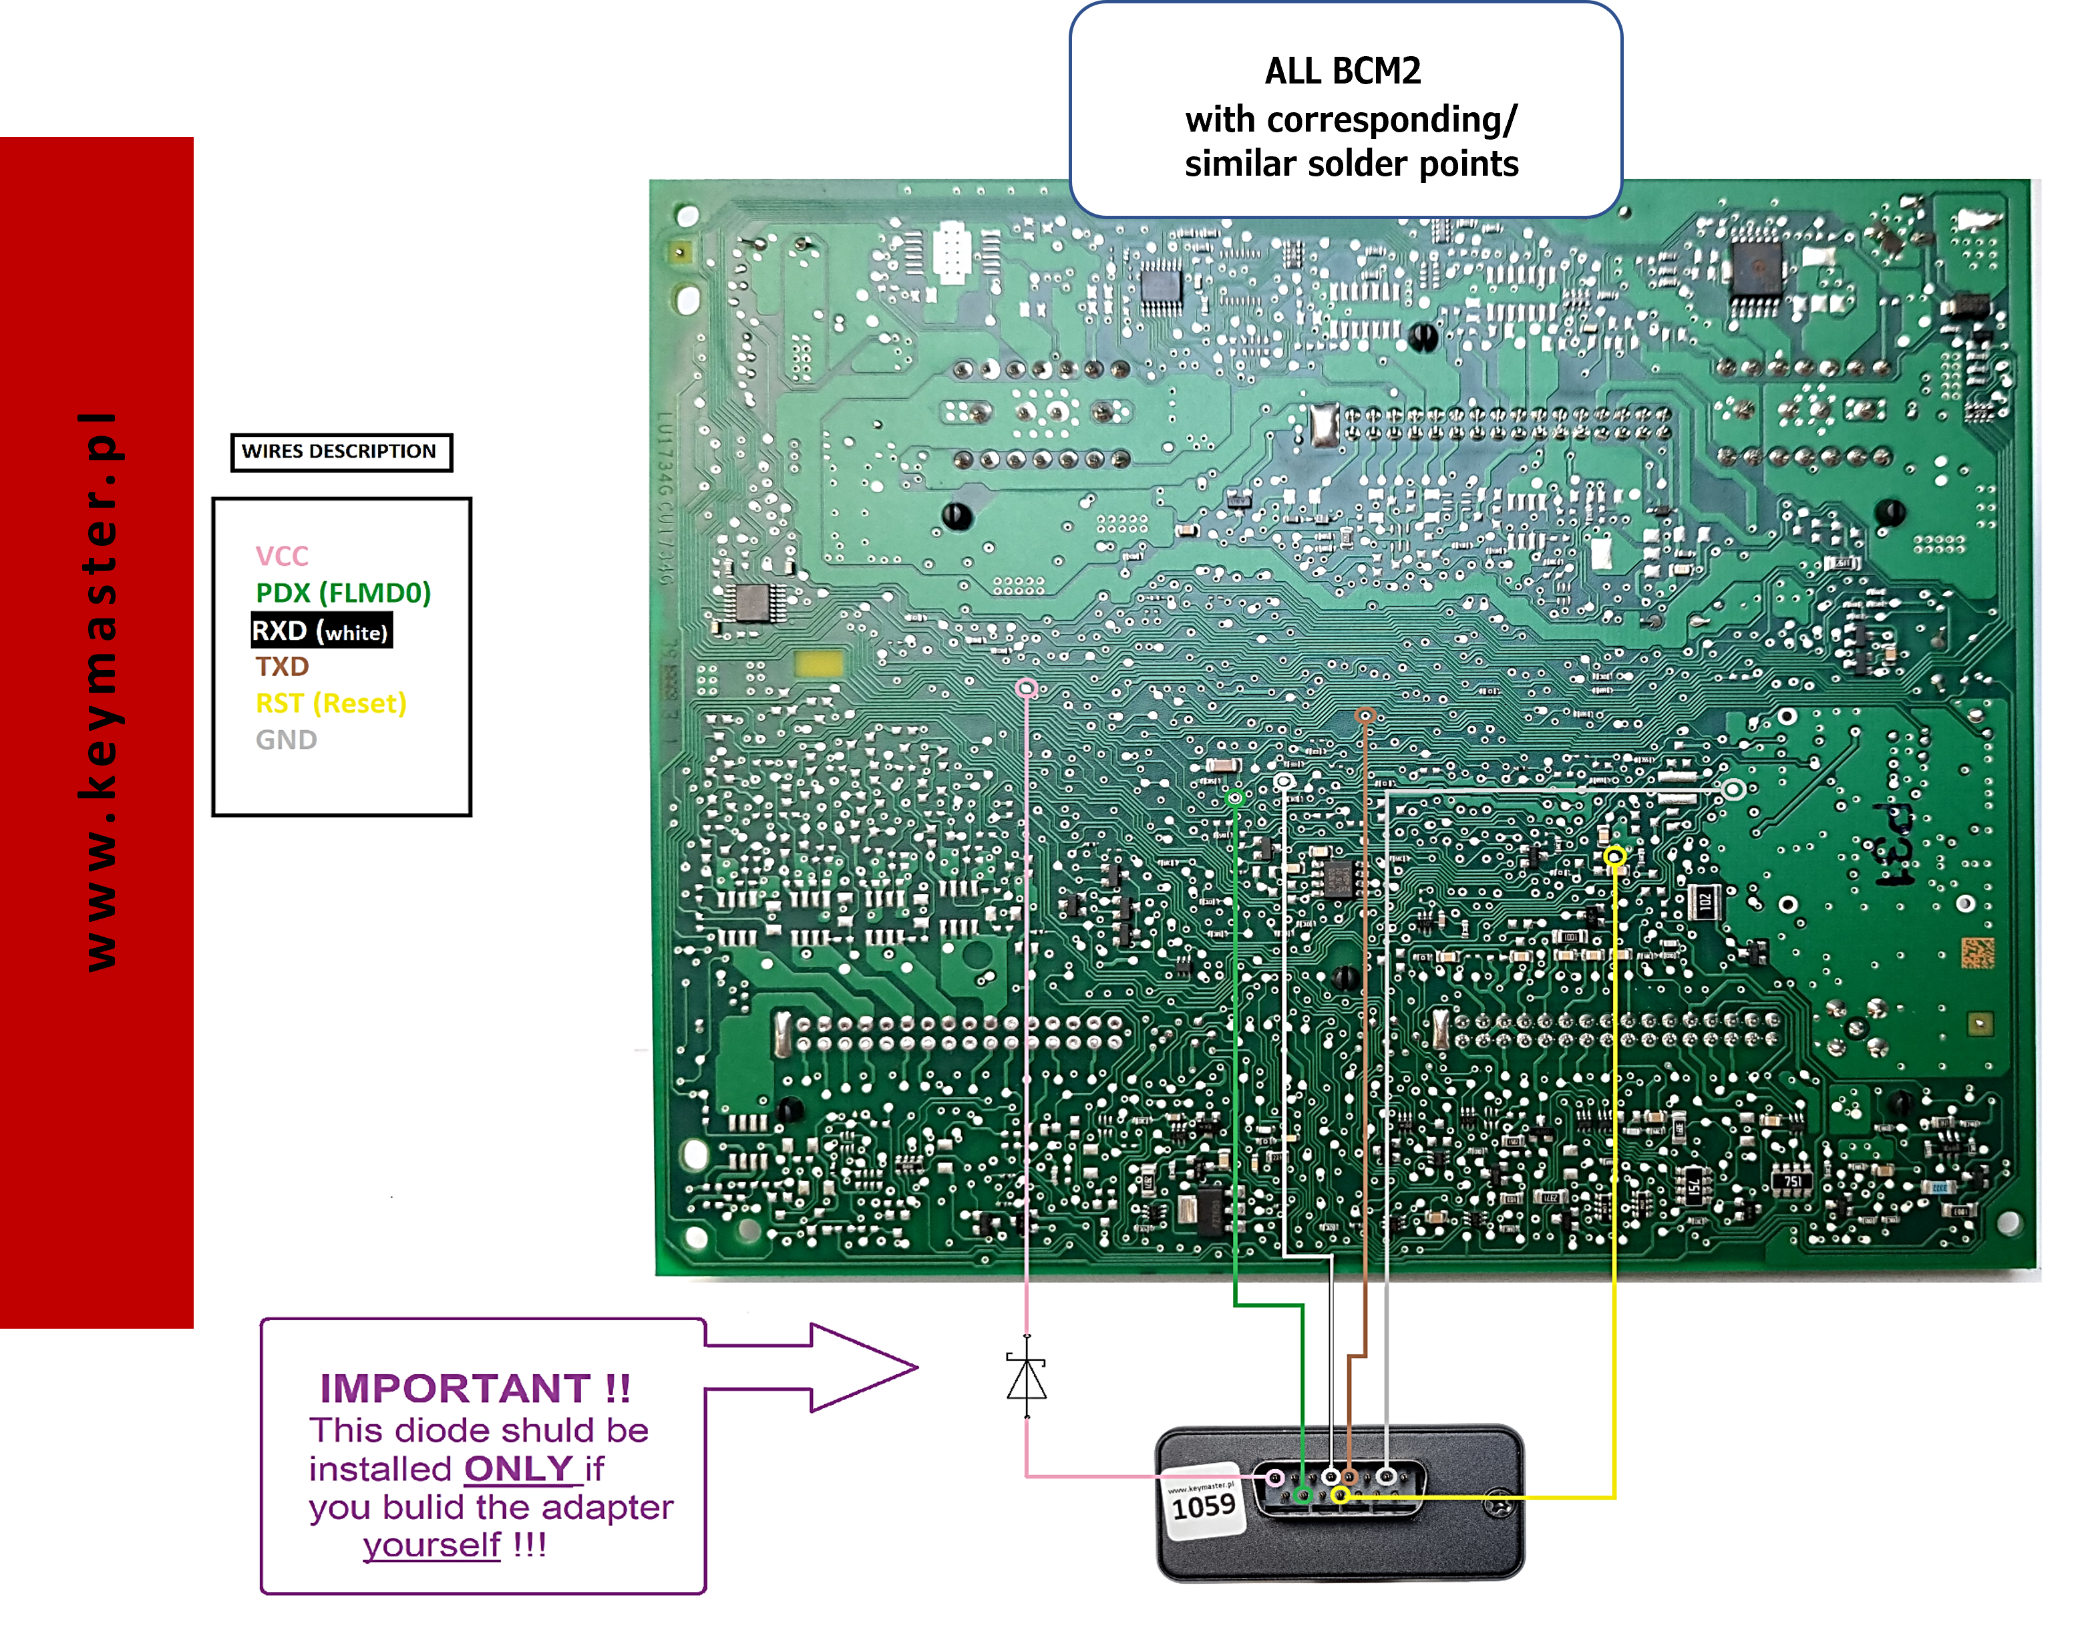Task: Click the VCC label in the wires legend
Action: pos(282,556)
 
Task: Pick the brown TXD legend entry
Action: pos(282,667)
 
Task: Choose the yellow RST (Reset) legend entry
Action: pos(331,703)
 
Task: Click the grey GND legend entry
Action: pos(286,740)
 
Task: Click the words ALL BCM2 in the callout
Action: pos(1343,71)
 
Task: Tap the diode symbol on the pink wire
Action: pos(1027,1377)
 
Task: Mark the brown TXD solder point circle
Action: pos(1365,715)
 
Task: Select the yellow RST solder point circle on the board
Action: pos(1614,856)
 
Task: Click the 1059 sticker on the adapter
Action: pos(1203,1505)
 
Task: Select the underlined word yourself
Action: pos(431,1544)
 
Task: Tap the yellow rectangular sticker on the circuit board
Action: pos(818,663)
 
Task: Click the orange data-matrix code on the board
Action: pos(1978,951)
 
